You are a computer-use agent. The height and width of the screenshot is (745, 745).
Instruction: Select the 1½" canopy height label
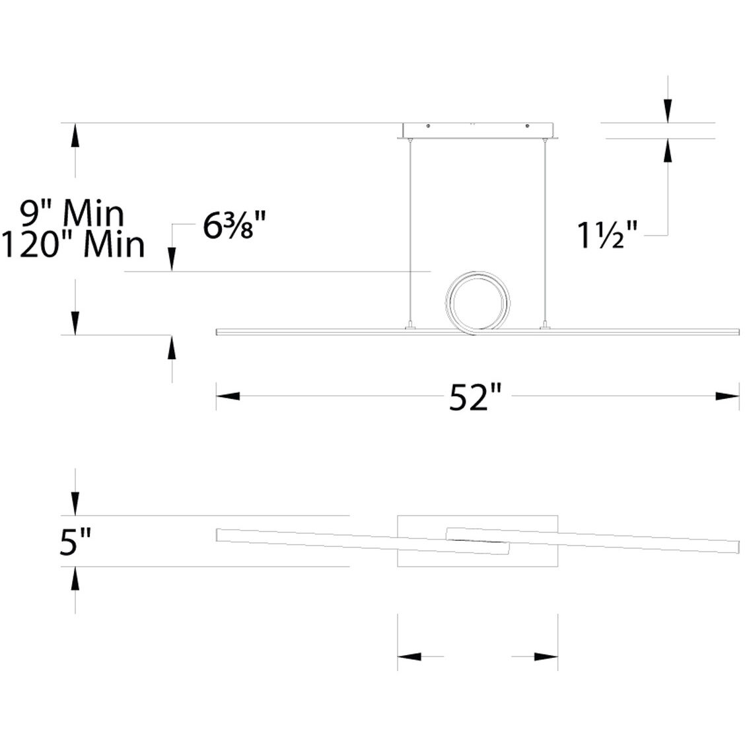coord(607,235)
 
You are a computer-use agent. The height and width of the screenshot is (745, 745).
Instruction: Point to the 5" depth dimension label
coord(75,541)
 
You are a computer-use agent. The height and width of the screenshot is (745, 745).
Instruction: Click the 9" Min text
coord(72,214)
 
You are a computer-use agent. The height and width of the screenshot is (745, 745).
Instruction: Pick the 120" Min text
coord(73,244)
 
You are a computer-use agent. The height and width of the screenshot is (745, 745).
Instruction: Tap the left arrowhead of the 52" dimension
coord(228,396)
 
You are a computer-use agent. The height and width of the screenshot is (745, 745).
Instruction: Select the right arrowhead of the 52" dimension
coord(727,396)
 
